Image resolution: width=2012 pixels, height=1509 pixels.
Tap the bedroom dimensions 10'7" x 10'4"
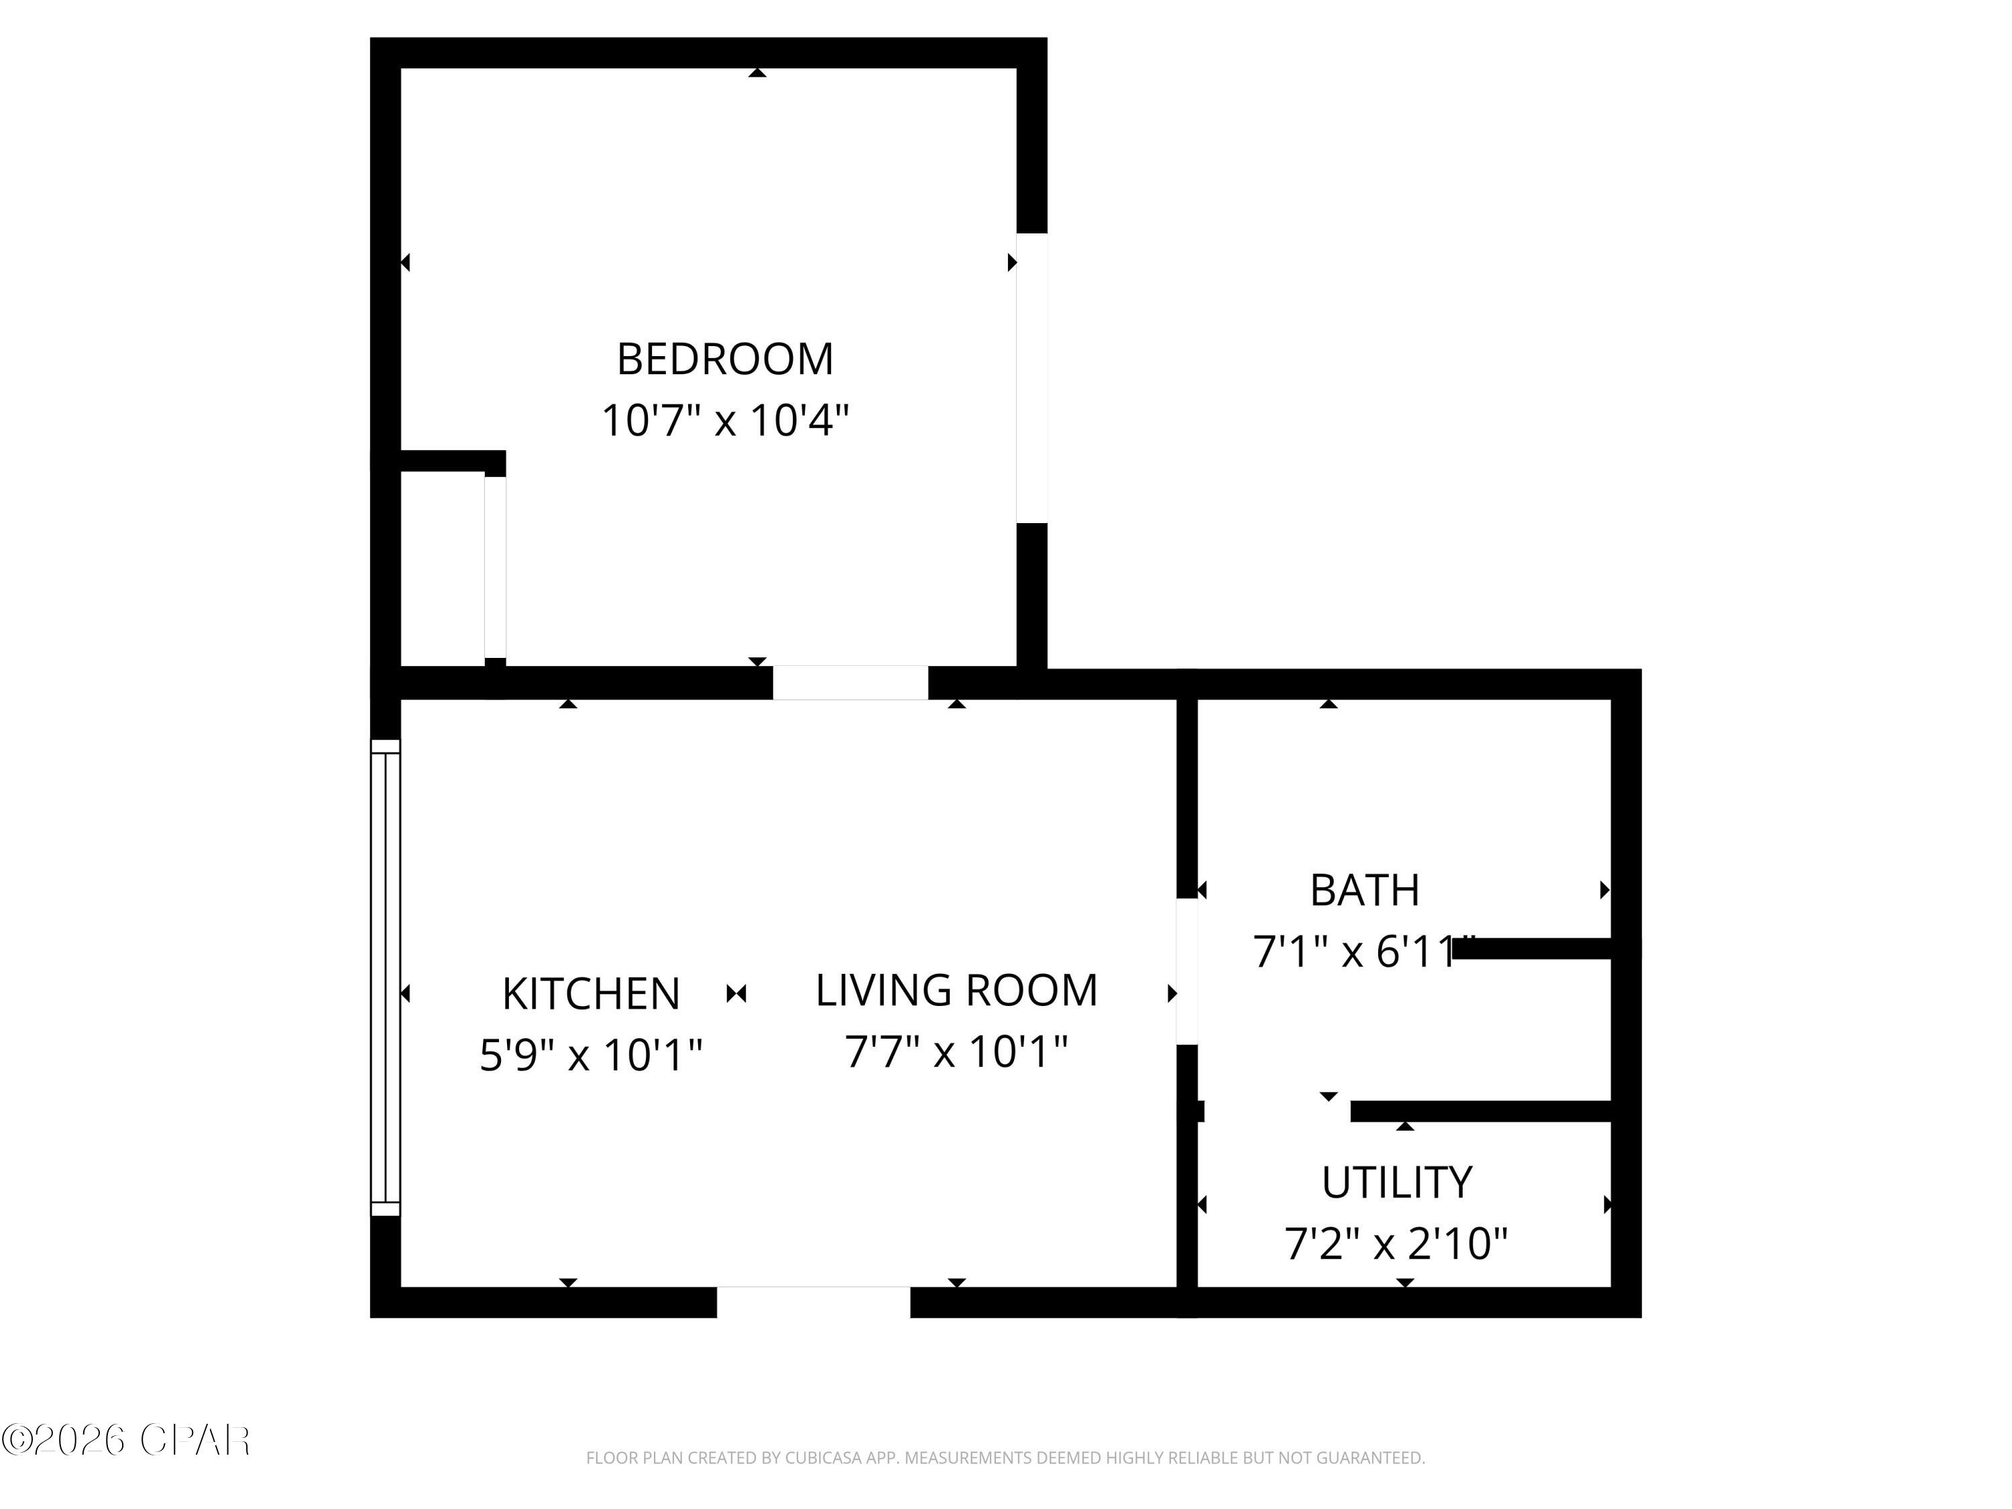[x=725, y=421]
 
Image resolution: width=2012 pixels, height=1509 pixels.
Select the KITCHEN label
[x=592, y=993]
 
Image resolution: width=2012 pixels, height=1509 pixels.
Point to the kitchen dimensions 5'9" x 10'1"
[x=592, y=1055]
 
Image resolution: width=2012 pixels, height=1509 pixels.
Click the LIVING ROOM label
[x=956, y=990]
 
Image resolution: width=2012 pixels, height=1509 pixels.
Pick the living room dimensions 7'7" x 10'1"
[x=956, y=1052]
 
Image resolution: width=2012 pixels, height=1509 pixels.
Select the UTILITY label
[x=1396, y=1182]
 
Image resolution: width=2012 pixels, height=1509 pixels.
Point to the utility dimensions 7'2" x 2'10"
[x=1396, y=1243]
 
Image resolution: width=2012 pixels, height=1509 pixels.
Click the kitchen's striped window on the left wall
[x=386, y=977]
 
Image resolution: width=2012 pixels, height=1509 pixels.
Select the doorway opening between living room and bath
[x=1187, y=971]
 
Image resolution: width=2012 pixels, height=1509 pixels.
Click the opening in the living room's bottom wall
[x=813, y=1302]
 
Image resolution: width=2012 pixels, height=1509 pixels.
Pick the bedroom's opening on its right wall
[x=1032, y=378]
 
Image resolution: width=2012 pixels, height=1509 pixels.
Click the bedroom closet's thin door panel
[x=495, y=566]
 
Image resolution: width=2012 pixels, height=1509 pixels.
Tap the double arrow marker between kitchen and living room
[x=737, y=993]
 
